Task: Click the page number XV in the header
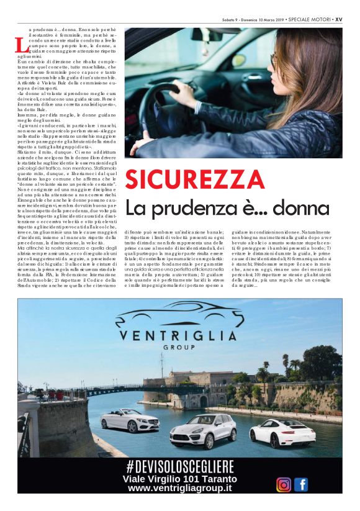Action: [338, 19]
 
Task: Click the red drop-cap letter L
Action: [22, 45]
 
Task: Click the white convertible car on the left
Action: [129, 420]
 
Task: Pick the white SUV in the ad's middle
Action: [202, 430]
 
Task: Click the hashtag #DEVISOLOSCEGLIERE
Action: [179, 466]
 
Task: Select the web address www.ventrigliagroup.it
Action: [179, 489]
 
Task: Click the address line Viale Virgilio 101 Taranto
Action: [179, 478]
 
